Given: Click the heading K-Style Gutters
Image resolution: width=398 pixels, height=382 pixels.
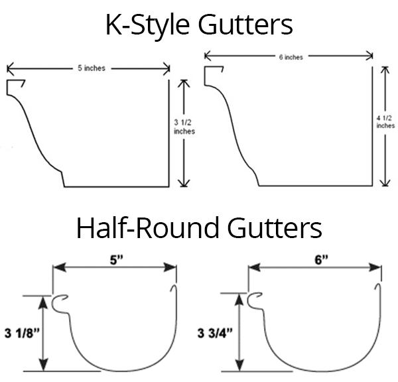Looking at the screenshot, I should coord(199,25).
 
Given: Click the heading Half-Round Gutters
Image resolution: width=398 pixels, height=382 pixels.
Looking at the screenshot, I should coord(199,229).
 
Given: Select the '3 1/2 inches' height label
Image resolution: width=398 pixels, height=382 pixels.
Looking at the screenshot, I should coord(184,126).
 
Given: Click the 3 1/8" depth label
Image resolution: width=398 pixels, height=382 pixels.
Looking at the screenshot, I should coord(22,332).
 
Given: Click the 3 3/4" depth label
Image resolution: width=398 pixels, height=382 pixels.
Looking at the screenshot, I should coord(214,332).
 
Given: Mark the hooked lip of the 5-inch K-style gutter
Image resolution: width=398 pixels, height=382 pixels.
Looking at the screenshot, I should coord(16,86).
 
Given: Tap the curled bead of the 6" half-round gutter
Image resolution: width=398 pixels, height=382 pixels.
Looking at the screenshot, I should coord(255,302).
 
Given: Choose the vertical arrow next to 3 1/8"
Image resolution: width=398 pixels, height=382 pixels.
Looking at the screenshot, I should coord(44,332).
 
